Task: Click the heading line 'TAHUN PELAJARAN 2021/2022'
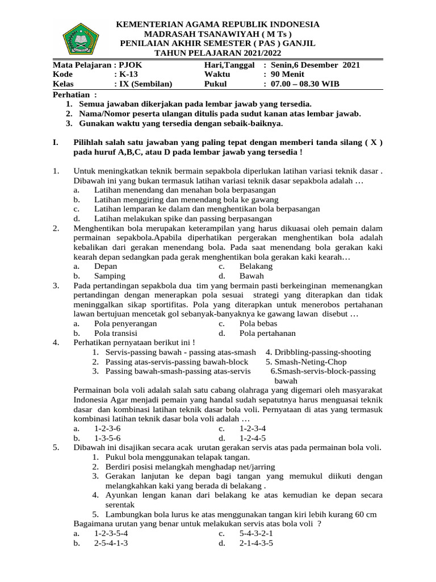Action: click(x=217, y=52)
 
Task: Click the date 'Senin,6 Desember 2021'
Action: click(x=315, y=65)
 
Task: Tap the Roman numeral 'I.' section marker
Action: click(x=56, y=143)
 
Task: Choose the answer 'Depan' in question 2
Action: click(x=106, y=266)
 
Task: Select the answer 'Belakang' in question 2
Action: click(x=255, y=266)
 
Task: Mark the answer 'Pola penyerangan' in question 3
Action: click(x=125, y=323)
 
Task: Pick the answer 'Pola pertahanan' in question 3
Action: click(x=267, y=333)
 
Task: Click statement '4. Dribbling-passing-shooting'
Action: click(x=318, y=352)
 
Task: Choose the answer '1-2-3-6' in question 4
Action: click(x=107, y=429)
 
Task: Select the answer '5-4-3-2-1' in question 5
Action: click(x=256, y=533)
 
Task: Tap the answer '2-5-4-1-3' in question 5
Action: click(x=111, y=543)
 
